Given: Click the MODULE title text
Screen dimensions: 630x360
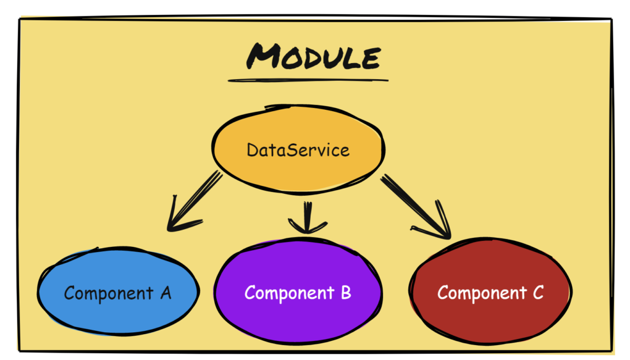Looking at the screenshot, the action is click(313, 56).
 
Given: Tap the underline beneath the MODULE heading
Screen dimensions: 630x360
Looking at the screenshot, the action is click(308, 80).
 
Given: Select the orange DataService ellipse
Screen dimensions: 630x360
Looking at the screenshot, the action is click(298, 149).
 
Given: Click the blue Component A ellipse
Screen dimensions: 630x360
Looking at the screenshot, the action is click(118, 291).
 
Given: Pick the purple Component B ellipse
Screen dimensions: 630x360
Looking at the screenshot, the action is click(298, 290).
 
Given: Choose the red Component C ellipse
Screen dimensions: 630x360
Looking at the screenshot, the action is click(490, 291).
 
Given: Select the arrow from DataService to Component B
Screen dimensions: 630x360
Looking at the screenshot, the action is click(308, 217).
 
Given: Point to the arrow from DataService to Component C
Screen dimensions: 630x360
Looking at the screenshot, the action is click(416, 206).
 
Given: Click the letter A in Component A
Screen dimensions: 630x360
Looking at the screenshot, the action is click(166, 293).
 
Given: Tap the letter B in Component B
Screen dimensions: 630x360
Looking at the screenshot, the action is click(346, 293).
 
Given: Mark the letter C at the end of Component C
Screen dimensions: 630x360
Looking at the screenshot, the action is click(539, 293).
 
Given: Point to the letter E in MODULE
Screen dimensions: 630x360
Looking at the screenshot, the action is click(371, 58).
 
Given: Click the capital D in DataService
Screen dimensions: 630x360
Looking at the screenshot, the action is click(253, 150).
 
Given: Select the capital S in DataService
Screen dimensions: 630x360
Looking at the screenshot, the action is click(294, 150).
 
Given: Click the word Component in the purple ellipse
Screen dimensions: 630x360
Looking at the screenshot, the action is click(289, 293).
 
